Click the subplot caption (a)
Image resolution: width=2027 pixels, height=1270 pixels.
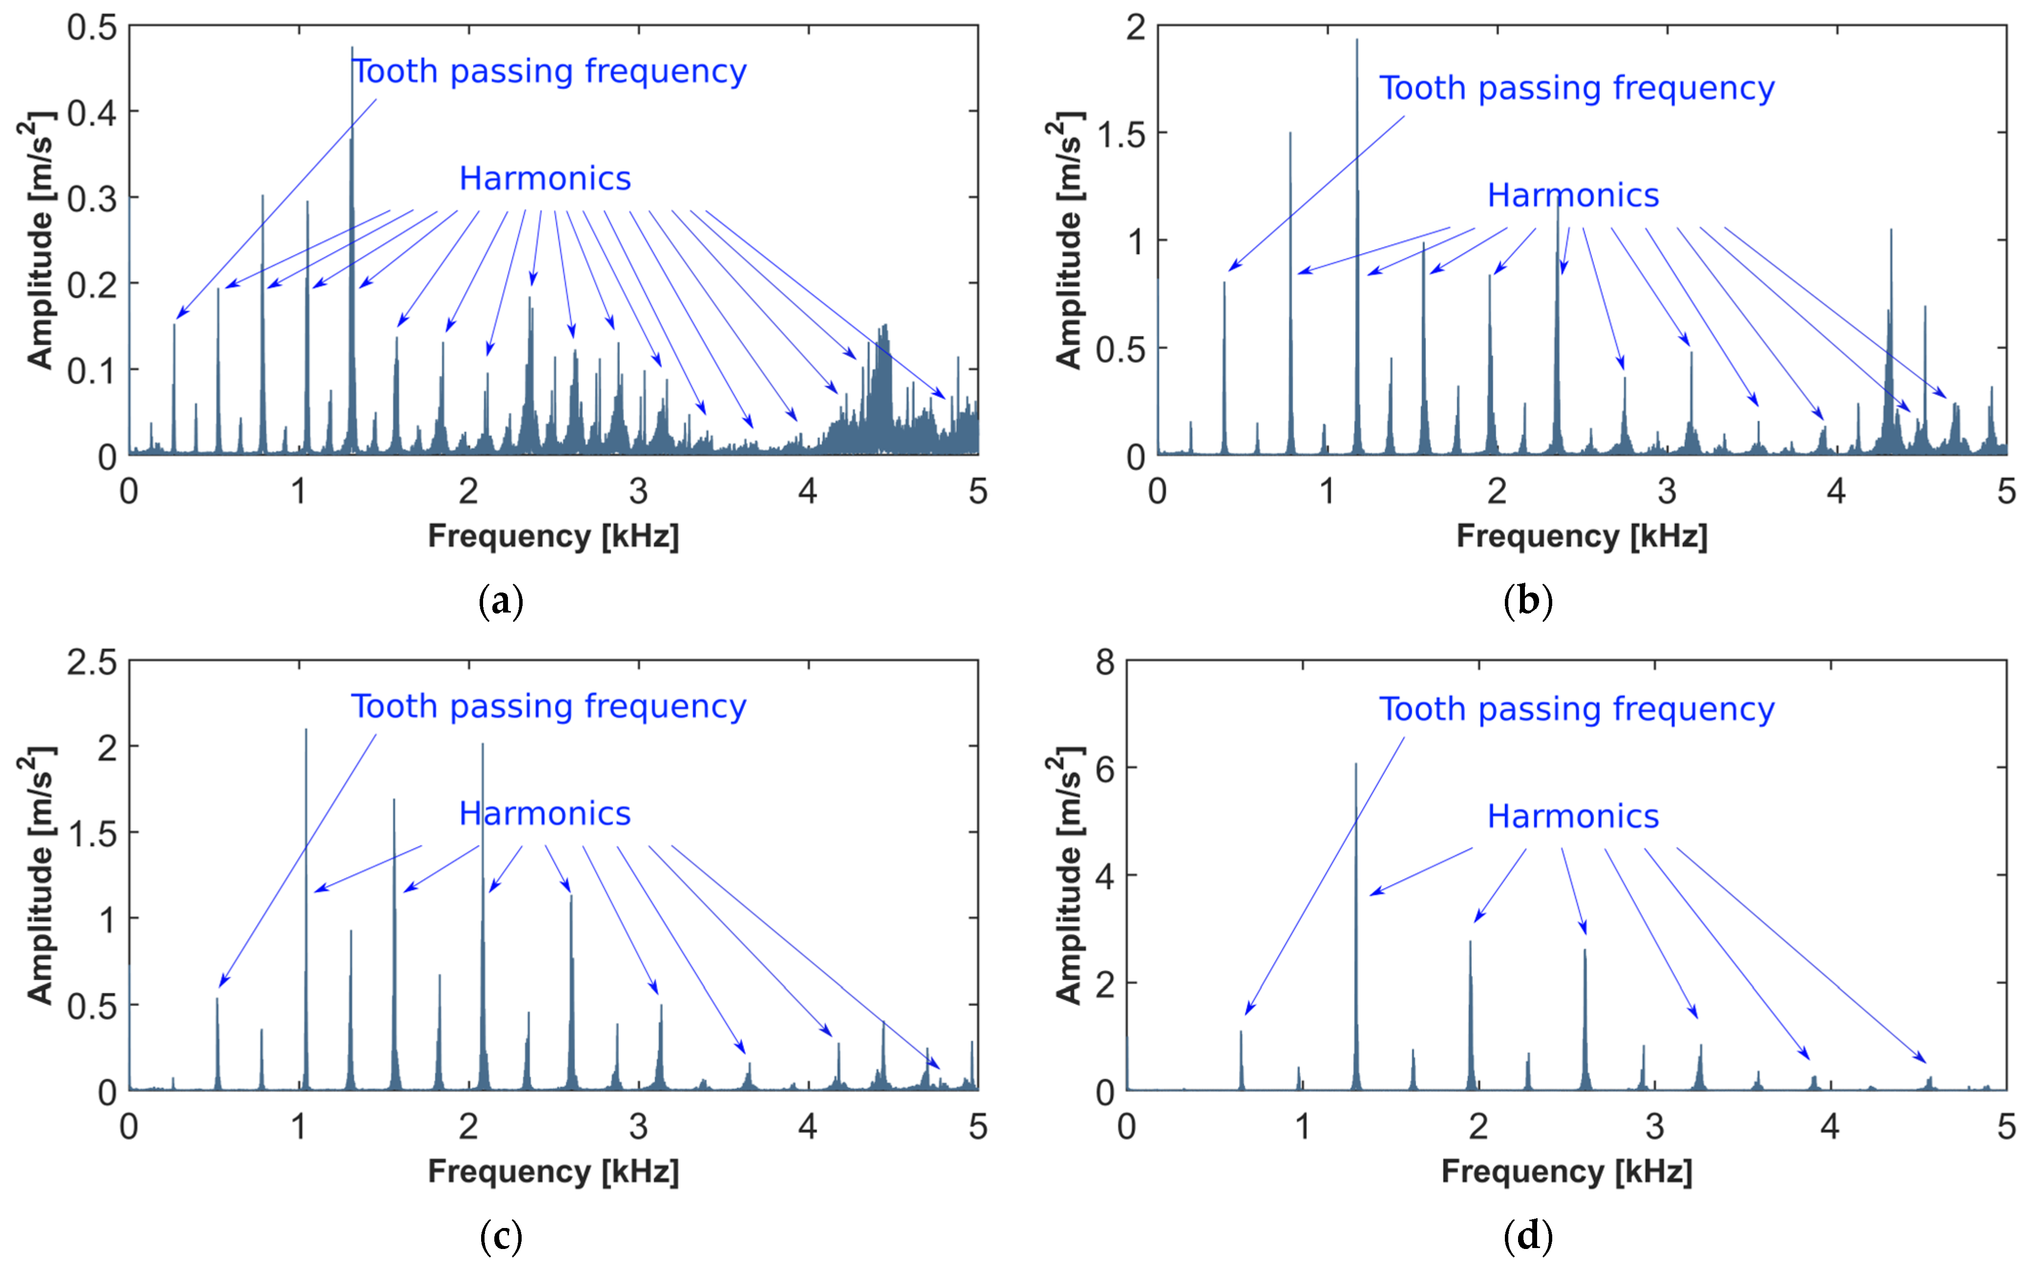[x=501, y=601]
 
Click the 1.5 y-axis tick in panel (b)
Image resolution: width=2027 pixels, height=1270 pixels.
[x=1121, y=133]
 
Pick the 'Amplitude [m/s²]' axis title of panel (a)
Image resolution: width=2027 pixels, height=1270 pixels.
[x=38, y=241]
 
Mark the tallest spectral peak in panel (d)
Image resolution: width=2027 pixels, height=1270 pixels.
[x=1354, y=764]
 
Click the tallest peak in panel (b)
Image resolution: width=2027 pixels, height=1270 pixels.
[x=1356, y=41]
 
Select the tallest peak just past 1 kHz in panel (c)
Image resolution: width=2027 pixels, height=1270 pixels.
[x=306, y=730]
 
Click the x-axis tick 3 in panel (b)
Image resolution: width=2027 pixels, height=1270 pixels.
[x=1667, y=491]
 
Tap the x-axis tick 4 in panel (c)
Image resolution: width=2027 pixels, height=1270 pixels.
[x=808, y=1126]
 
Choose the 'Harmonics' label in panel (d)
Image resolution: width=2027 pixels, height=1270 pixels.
[x=1573, y=816]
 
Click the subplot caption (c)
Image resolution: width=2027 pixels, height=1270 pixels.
[x=501, y=1235]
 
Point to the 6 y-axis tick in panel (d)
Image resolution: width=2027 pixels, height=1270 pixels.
[x=1105, y=768]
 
